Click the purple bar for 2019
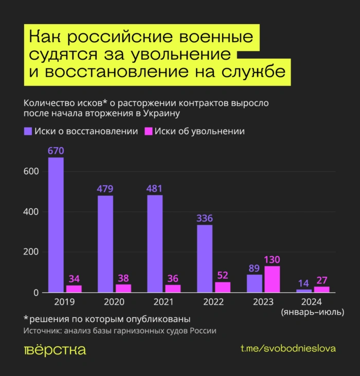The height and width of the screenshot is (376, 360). click(x=56, y=225)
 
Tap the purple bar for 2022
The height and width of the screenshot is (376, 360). click(x=204, y=259)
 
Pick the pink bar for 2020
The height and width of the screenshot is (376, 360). click(x=123, y=288)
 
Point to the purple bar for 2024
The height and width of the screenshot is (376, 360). click(x=304, y=291)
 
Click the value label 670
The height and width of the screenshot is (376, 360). click(x=56, y=151)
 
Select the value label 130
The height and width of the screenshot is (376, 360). click(x=272, y=259)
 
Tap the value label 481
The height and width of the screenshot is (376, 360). click(x=155, y=188)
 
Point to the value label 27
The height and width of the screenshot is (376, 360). click(x=322, y=280)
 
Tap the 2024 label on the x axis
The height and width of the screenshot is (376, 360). click(x=312, y=301)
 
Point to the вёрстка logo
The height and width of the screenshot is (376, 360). click(x=55, y=350)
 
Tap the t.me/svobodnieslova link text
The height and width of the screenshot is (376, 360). click(x=288, y=349)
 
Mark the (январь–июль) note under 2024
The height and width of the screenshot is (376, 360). click(x=312, y=312)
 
